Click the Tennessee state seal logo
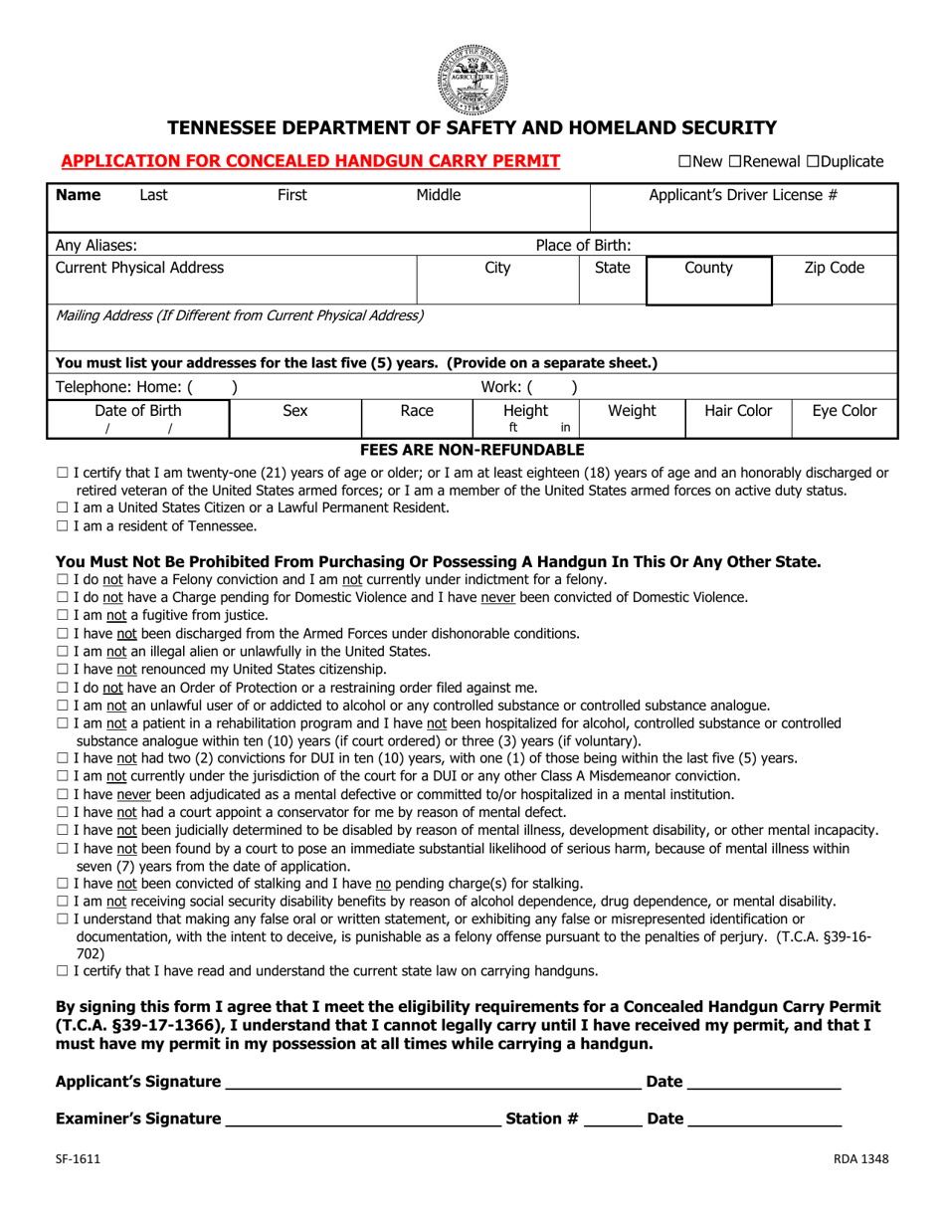tap(472, 80)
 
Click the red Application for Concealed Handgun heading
tap(310, 160)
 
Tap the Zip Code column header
tap(834, 268)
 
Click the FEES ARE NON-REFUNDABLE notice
tap(472, 450)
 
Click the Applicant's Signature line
tap(433, 1082)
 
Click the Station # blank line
tap(612, 1120)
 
